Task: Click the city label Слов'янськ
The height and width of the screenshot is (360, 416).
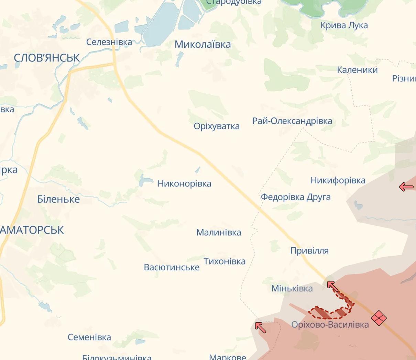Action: tap(47, 58)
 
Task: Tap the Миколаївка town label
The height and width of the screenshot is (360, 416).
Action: tap(202, 44)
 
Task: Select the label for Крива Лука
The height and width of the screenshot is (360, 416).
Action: tap(344, 25)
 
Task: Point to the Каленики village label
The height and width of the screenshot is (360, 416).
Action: tap(357, 70)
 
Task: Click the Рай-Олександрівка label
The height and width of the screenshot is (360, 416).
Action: tap(292, 121)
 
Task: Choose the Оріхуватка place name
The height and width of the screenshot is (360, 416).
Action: tap(217, 126)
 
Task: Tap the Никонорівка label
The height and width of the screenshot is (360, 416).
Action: tap(184, 183)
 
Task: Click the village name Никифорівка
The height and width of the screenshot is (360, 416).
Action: tap(338, 180)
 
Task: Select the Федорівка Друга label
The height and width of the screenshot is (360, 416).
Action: tap(296, 197)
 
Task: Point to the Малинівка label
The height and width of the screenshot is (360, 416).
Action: tap(219, 233)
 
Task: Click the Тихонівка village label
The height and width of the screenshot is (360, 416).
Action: tap(225, 261)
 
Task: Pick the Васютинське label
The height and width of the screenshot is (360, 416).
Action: tap(172, 267)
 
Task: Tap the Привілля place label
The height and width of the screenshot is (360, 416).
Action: tap(309, 251)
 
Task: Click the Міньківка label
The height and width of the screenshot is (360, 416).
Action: tap(292, 289)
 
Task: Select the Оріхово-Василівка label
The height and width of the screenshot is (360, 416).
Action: tap(330, 325)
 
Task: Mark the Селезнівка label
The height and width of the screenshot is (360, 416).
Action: tap(109, 42)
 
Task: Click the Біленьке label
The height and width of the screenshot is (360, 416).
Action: tap(58, 199)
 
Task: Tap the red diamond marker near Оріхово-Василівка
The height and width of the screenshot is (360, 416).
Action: tap(379, 318)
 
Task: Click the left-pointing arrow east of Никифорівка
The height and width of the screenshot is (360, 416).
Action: tap(406, 187)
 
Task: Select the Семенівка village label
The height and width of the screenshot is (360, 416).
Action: tap(89, 337)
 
